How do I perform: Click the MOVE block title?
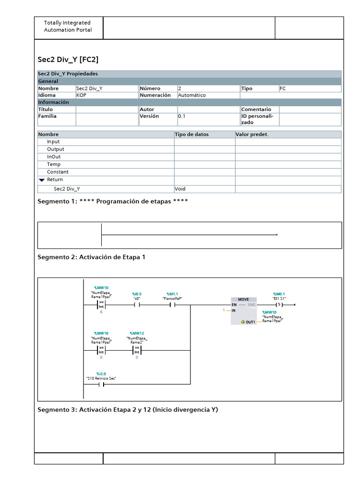coord(244,299)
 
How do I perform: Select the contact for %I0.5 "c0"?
coord(137,305)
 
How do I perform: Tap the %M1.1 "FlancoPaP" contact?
coord(172,305)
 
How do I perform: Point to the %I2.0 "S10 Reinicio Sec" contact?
coord(101,385)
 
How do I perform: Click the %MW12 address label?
coord(137,333)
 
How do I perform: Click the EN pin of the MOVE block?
coord(234,305)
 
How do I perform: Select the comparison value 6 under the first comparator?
coord(101,312)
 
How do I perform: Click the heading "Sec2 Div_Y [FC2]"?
coord(68,60)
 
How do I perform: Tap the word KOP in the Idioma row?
coord(81,95)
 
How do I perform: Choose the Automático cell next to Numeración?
coord(192,95)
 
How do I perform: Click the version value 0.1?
coord(182,116)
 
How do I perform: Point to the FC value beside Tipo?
coord(283,88)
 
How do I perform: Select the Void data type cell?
coord(180,189)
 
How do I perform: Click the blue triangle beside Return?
coord(42,180)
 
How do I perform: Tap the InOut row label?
coord(53,157)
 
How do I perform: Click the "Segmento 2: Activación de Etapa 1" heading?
coord(91,257)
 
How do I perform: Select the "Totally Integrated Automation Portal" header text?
coord(67,26)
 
